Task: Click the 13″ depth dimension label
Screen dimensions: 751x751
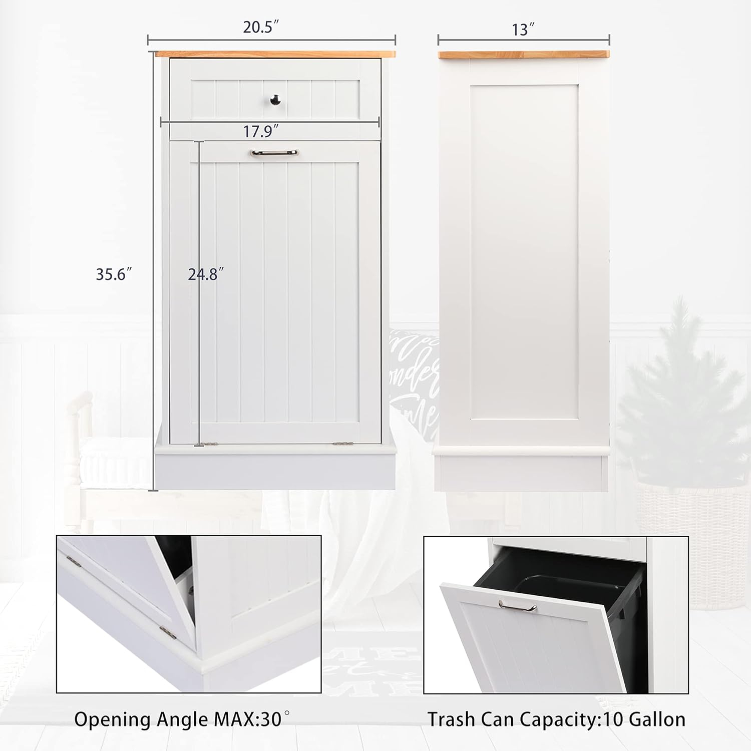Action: pos(523,30)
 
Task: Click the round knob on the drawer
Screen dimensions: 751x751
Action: pos(275,100)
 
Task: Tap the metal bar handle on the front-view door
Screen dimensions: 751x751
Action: pos(274,153)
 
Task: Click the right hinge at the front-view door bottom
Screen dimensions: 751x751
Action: pos(340,443)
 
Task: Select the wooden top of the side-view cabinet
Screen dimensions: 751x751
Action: pos(523,54)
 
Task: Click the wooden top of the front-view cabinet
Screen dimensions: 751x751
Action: pos(275,54)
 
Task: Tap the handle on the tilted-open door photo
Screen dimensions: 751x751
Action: pos(517,606)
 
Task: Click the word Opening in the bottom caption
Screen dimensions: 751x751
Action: pos(113,719)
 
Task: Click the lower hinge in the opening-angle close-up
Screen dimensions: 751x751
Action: pos(168,633)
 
